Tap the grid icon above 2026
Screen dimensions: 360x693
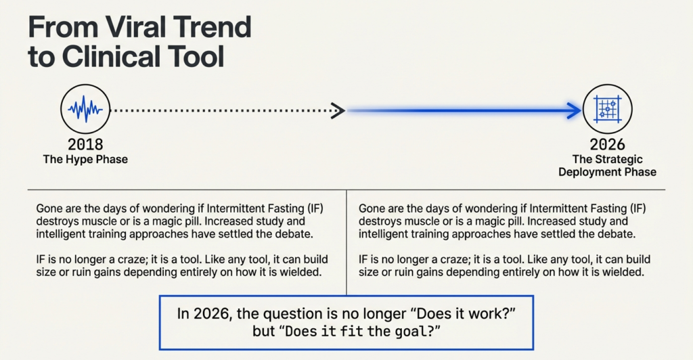(606, 109)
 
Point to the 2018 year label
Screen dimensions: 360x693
(85, 144)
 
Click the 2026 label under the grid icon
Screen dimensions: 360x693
(607, 144)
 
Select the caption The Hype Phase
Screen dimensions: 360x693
(85, 159)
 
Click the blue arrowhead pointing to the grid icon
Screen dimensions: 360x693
(574, 110)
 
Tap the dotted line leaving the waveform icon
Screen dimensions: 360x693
(217, 110)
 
